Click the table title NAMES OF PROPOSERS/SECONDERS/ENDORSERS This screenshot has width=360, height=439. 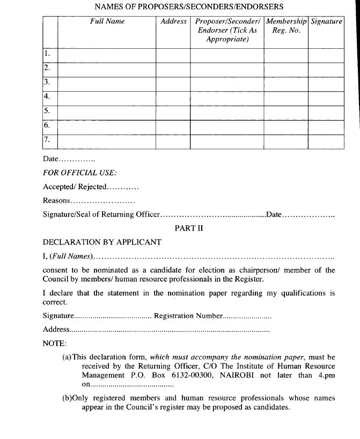(x=188, y=6)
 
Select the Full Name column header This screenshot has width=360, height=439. (x=107, y=21)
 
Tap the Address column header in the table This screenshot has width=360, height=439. (x=173, y=21)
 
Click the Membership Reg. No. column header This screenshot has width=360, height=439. (x=286, y=26)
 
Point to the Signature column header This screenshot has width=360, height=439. (x=326, y=21)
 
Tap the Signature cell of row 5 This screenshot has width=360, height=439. (x=326, y=112)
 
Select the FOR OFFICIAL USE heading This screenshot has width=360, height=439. (x=79, y=173)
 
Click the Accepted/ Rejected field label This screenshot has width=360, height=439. (x=75, y=187)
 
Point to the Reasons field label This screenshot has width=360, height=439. (x=56, y=200)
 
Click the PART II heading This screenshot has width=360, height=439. (x=188, y=228)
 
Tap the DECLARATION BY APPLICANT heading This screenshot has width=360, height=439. (x=102, y=242)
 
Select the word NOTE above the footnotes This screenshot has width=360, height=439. (x=54, y=343)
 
